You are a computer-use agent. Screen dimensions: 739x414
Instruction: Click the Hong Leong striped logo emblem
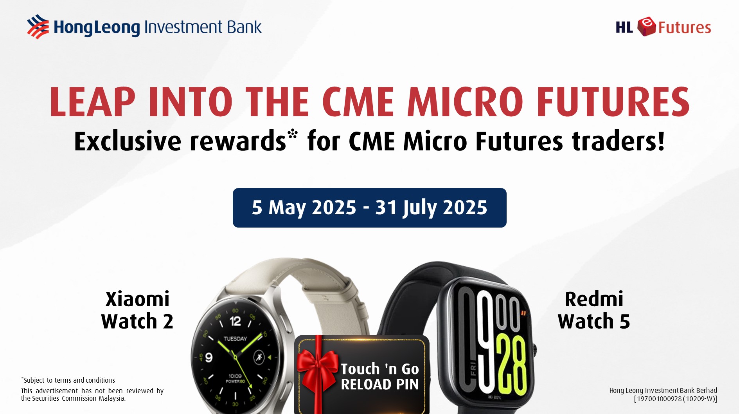click(x=38, y=27)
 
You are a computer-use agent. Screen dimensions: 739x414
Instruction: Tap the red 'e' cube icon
click(x=646, y=27)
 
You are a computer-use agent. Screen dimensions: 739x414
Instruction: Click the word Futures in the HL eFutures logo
click(x=684, y=27)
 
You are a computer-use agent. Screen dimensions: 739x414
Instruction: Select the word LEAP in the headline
click(x=92, y=101)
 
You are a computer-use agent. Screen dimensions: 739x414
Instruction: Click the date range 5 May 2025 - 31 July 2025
click(x=369, y=208)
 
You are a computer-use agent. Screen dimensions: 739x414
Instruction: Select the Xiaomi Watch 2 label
click(x=137, y=310)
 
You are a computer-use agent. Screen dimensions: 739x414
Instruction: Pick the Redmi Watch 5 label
click(x=594, y=310)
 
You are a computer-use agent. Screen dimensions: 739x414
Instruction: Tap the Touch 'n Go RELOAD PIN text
click(x=379, y=376)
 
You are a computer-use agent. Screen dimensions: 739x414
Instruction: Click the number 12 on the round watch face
click(x=235, y=322)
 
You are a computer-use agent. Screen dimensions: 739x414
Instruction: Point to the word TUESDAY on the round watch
click(x=235, y=338)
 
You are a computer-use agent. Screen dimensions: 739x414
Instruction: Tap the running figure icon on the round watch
click(x=258, y=357)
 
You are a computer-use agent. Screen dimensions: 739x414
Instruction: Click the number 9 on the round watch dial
click(x=209, y=357)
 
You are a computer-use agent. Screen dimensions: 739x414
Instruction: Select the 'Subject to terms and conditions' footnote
click(x=68, y=380)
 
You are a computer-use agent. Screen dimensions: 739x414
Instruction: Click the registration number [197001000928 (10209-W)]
click(x=675, y=399)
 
